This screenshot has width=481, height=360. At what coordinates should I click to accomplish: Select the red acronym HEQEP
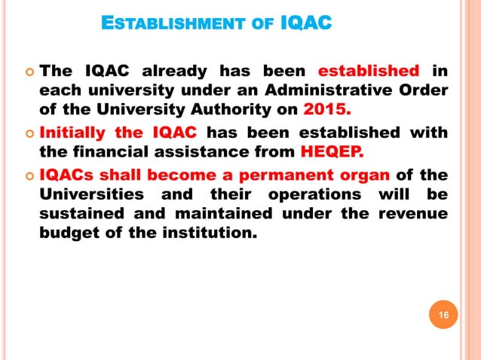332,154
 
